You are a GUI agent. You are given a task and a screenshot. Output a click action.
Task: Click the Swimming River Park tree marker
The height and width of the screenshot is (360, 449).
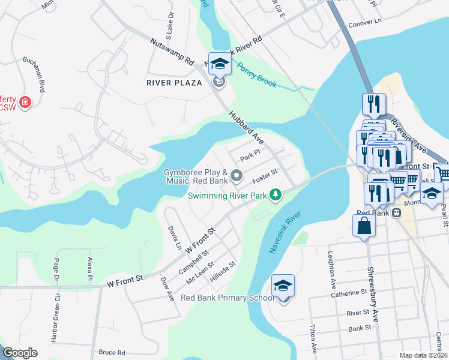[276, 195]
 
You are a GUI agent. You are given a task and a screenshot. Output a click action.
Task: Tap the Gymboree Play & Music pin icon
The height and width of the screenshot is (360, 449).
[237, 176]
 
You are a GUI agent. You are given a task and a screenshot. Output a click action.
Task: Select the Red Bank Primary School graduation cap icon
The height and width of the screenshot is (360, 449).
[283, 286]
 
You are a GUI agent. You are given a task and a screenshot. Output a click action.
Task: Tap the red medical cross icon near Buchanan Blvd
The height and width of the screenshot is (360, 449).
[25, 102]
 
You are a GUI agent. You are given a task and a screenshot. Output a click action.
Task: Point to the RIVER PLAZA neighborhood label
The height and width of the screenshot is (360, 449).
[174, 83]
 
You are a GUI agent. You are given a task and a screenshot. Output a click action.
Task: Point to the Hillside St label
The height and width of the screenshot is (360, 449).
[223, 270]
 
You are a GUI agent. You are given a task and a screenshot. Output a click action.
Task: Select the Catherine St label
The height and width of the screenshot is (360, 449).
[349, 293]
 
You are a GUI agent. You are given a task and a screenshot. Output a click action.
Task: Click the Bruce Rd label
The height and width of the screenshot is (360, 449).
[112, 352]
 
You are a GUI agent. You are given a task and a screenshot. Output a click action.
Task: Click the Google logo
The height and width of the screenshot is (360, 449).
[20, 353]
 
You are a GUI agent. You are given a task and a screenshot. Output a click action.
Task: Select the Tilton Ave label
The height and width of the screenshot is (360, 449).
[313, 339]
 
